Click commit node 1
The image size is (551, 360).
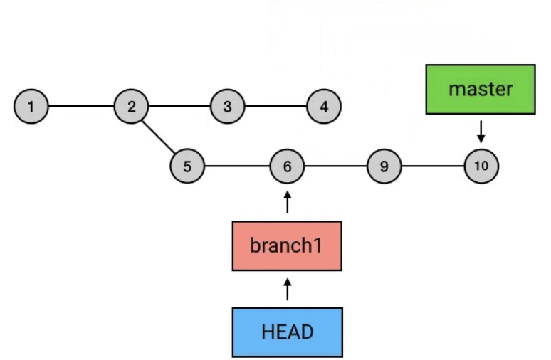tap(31, 107)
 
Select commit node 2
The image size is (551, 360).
tap(131, 107)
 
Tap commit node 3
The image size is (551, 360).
tap(227, 107)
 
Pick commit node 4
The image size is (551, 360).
tap(324, 107)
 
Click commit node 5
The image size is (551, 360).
tap(187, 167)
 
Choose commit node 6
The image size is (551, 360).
tap(287, 167)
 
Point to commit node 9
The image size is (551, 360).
tap(384, 167)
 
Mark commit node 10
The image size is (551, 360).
tap(481, 166)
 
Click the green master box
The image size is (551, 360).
tap(481, 89)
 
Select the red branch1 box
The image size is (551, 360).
tap(287, 246)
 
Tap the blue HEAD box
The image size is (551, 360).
tap(287, 332)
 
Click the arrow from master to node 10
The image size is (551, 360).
tap(481, 131)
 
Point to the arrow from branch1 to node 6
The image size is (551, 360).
tap(287, 202)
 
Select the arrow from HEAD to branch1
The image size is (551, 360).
tap(287, 289)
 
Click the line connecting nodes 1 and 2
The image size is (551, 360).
tap(80, 107)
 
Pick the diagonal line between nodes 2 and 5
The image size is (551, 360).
tap(159, 137)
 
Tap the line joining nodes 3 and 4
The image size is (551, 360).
tap(275, 107)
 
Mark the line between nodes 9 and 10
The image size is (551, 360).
tap(433, 167)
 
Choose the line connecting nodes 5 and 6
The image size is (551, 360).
tap(237, 167)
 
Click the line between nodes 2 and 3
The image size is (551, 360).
tap(179, 107)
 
